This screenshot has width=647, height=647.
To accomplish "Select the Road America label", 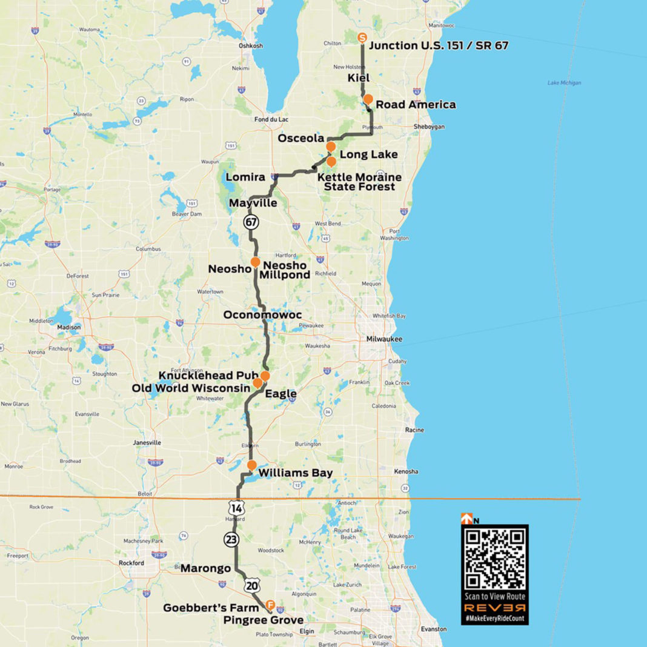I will pos(416,105).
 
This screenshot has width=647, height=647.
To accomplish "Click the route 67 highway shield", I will pos(251,222).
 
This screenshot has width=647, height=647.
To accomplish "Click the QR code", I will pos(495,558).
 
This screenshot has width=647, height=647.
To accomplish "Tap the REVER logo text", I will pos(495,607).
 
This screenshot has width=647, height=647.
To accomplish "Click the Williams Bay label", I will pos(295,473).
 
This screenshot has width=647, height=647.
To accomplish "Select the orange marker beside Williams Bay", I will pos(251,465).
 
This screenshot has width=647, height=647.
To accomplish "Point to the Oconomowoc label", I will pos(262,315).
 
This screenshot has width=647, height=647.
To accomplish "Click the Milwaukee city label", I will pos(384,339).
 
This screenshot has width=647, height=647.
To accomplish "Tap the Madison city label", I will pos(68,327).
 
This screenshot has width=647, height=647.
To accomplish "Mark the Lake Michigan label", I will pos(564,83).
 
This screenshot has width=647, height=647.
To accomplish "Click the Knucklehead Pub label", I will pos(209,376).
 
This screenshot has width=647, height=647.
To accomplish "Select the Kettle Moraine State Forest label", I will pos(359,182).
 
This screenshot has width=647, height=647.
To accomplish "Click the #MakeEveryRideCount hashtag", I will pos(495,618).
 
